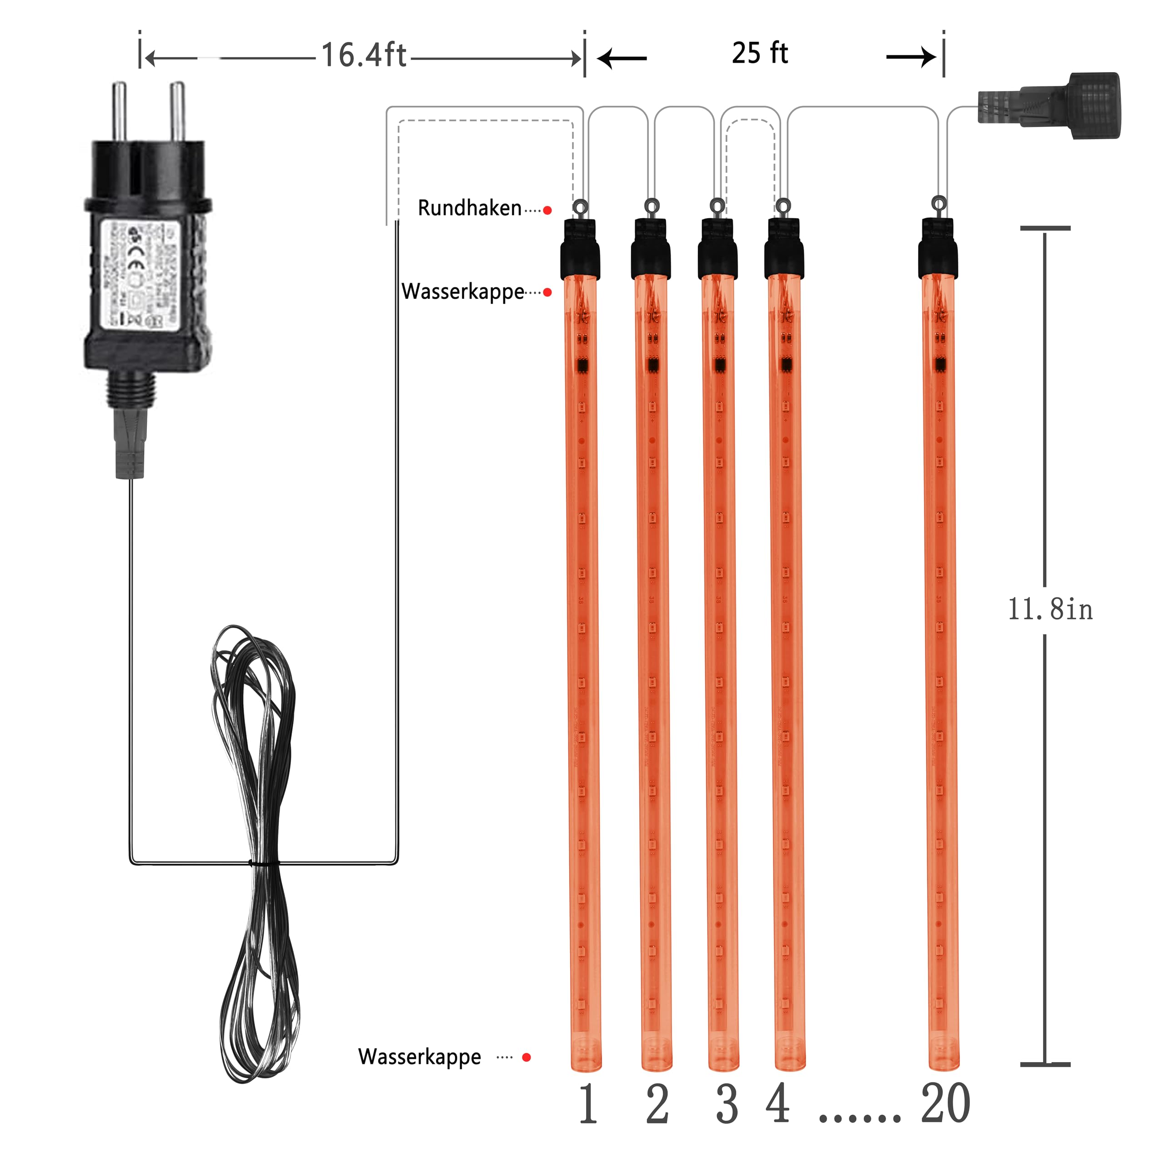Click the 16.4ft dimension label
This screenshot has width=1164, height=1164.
363,55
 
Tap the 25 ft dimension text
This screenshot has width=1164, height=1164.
760,53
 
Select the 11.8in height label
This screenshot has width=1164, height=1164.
1050,609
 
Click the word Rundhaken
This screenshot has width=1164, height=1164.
469,208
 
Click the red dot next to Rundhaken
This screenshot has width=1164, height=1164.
547,210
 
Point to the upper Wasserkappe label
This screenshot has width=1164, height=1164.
463,291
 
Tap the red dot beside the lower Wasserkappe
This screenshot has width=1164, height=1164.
526,1057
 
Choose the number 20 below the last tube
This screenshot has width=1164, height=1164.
945,1104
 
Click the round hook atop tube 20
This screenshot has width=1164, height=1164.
938,204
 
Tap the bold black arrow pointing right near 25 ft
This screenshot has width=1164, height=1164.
911,57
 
